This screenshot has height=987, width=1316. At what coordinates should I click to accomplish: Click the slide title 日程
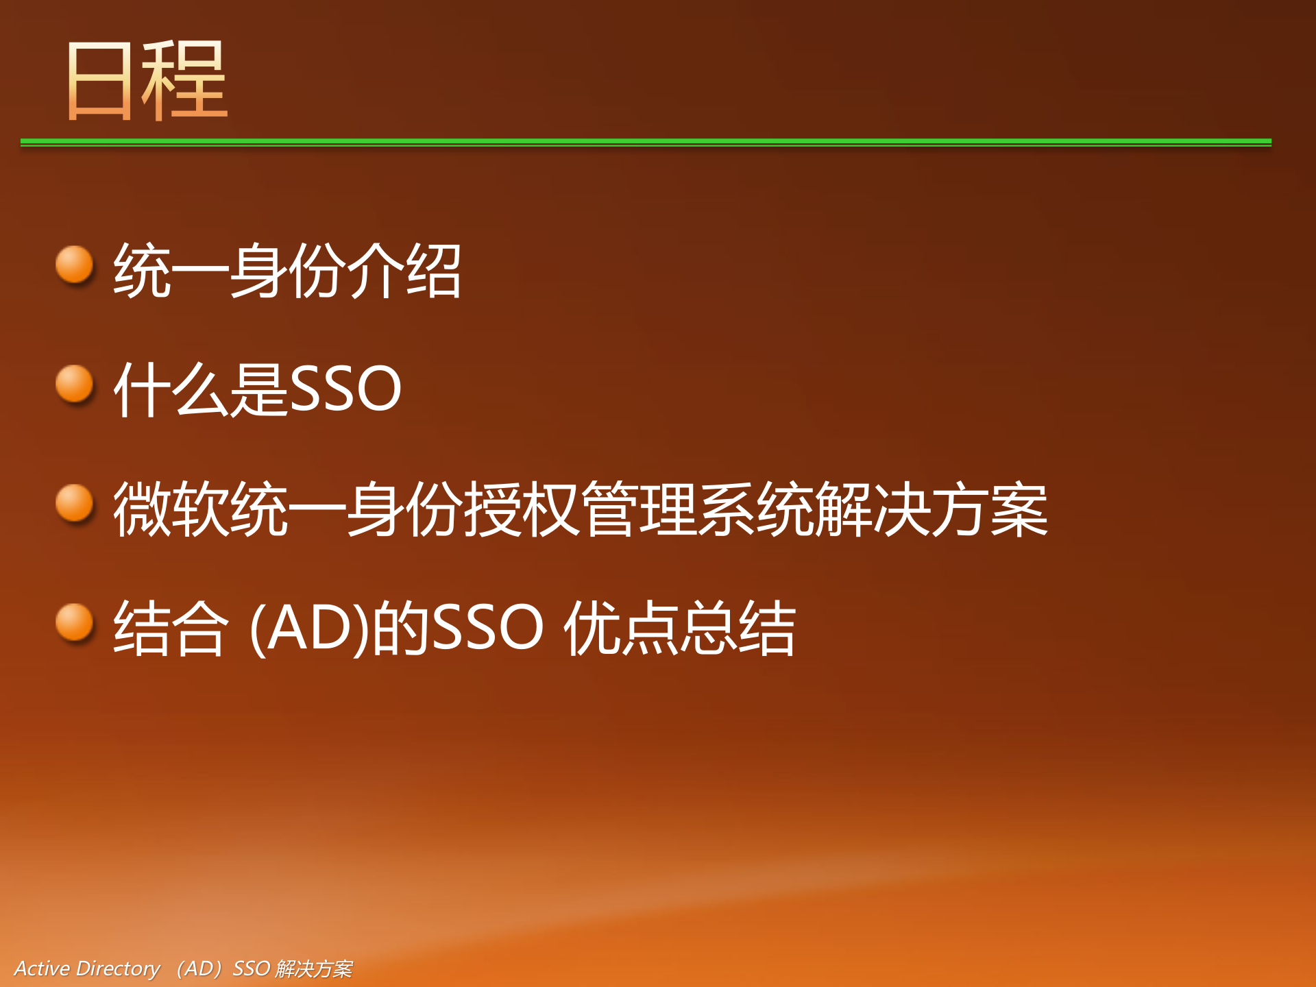(x=147, y=80)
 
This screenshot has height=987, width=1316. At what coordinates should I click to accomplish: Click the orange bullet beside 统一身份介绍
(x=74, y=265)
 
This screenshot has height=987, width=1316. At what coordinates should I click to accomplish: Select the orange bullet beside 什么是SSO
(x=74, y=384)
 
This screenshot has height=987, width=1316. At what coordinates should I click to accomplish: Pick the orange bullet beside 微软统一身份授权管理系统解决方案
(x=74, y=503)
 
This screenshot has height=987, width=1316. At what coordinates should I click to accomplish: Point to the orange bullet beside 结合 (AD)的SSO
(x=74, y=622)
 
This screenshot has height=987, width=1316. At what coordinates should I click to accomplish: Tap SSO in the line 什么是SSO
(x=345, y=389)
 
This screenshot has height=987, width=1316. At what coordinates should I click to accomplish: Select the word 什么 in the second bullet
(x=171, y=389)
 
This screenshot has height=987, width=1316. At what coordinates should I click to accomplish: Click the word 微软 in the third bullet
(x=171, y=509)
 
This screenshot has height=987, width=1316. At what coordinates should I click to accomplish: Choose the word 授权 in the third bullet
(x=521, y=509)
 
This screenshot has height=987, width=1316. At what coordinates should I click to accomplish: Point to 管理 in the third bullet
(x=637, y=509)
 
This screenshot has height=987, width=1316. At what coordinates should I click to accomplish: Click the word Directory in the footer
(x=118, y=968)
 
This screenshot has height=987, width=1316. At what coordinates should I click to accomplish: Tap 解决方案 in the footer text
(x=314, y=968)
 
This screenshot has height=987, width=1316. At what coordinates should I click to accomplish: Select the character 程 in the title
(x=185, y=80)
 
